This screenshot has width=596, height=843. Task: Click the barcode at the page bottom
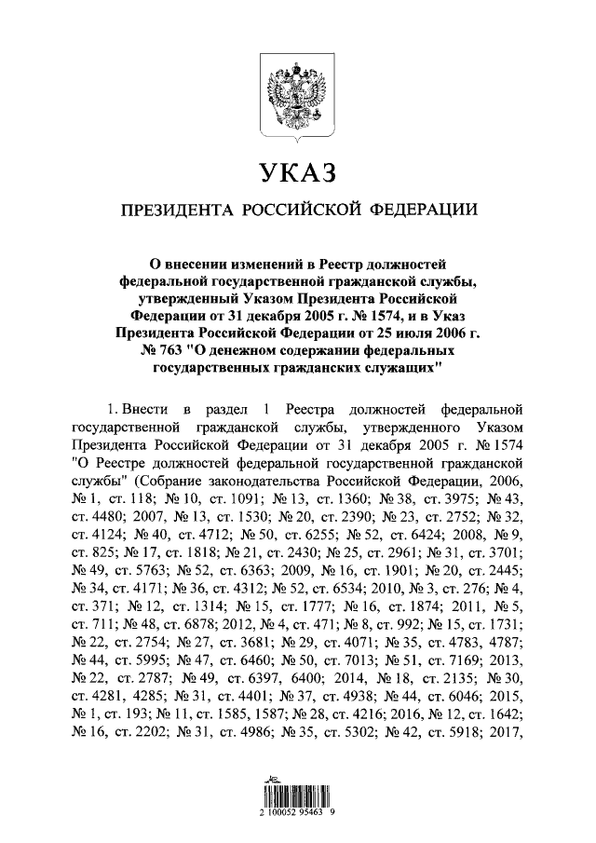297,800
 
